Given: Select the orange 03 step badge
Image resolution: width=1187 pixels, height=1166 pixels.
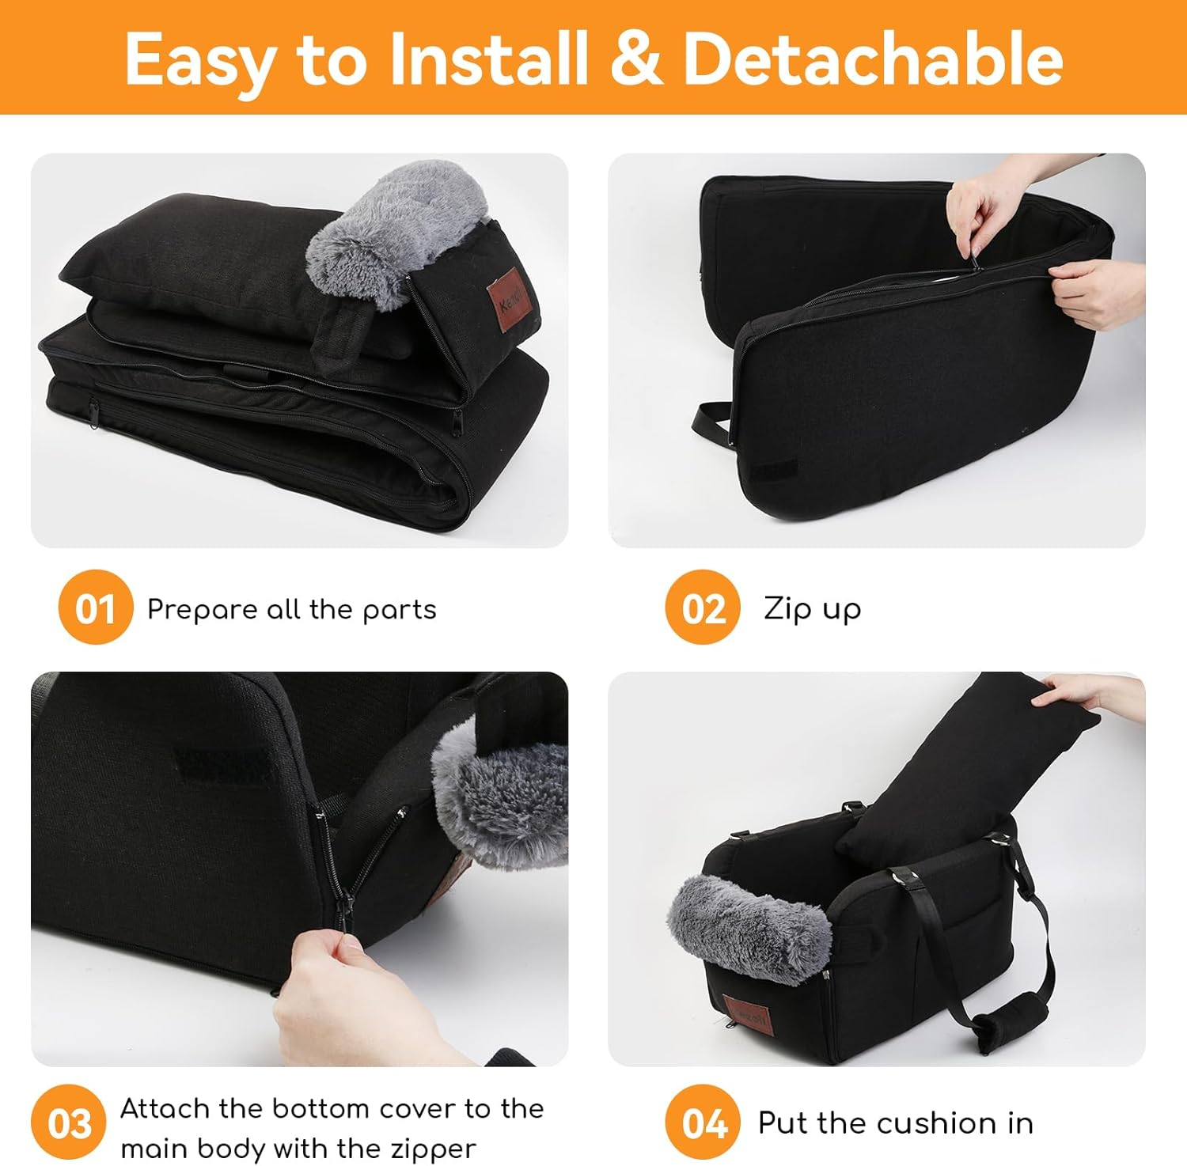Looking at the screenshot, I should (x=69, y=1122).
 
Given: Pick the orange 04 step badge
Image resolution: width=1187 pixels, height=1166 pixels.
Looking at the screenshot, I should (x=702, y=1122).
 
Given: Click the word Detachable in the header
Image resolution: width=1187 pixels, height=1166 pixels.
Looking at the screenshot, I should (x=872, y=59).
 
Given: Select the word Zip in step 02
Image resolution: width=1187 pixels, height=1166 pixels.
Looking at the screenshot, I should (x=787, y=608).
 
